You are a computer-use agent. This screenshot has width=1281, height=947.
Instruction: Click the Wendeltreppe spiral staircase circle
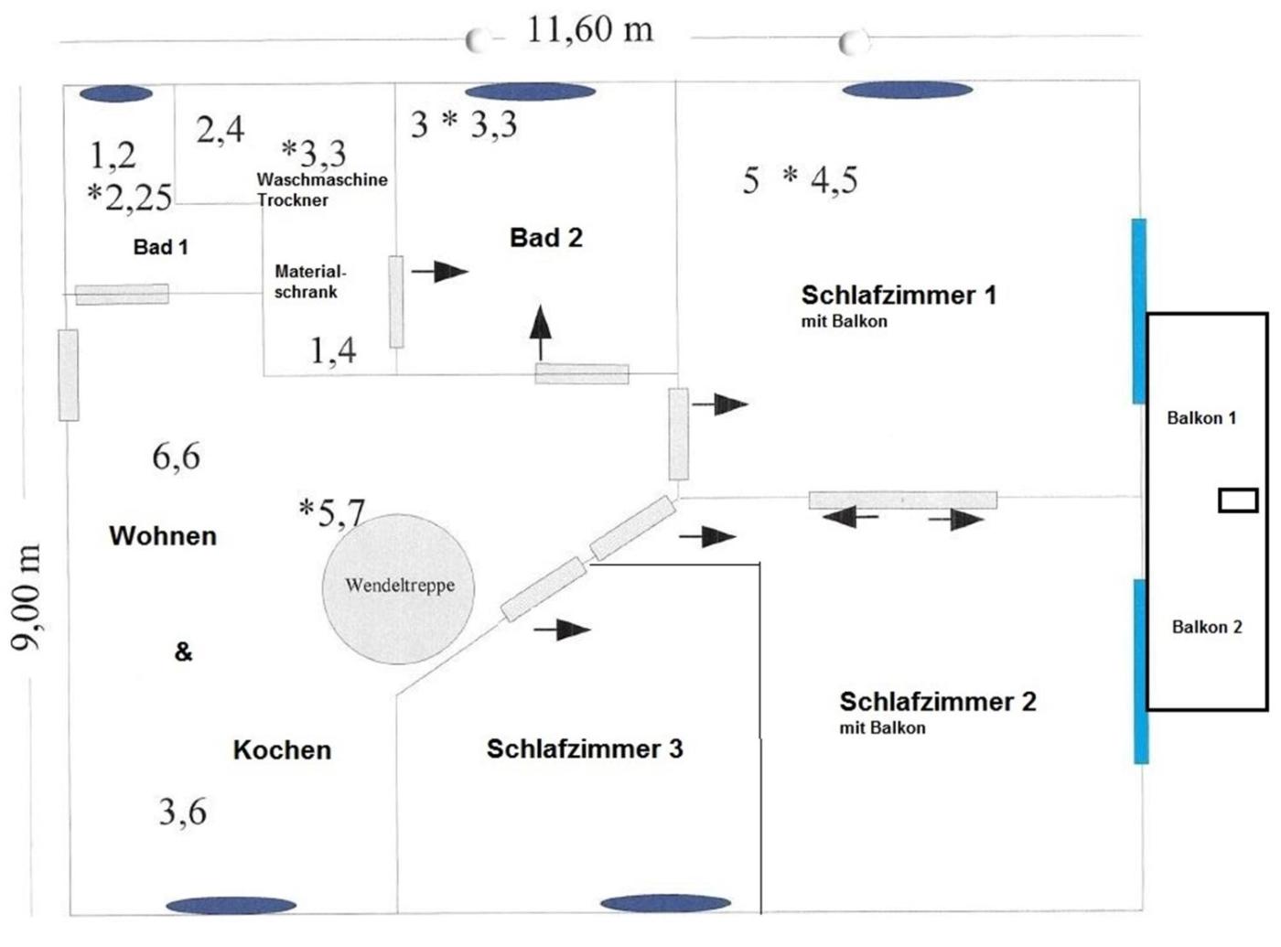click(398, 587)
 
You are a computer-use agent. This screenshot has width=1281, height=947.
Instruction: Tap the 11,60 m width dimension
click(590, 30)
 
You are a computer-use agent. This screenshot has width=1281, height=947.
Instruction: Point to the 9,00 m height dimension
click(27, 597)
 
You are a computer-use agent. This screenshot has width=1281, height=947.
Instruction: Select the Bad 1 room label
click(160, 247)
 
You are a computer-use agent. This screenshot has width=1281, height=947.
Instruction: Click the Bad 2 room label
click(545, 238)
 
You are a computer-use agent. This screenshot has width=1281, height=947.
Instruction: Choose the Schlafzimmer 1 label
click(898, 296)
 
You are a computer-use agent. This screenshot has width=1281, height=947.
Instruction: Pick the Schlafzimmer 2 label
click(937, 702)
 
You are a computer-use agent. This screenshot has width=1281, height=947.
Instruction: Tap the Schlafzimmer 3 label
click(585, 748)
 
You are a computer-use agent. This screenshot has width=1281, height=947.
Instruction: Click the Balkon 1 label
click(1200, 418)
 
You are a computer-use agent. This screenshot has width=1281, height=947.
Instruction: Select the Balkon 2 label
click(1206, 627)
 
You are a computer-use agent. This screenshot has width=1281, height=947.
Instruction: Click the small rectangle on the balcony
click(1237, 500)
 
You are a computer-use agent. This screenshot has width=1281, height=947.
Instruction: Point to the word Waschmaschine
click(321, 179)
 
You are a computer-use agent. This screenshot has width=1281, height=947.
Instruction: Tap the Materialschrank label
click(309, 282)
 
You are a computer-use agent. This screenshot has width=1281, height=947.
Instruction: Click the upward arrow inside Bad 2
click(541, 330)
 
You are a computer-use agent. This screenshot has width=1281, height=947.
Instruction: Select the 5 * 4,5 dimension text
click(800, 180)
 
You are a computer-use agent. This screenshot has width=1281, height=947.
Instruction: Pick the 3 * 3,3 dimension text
click(464, 124)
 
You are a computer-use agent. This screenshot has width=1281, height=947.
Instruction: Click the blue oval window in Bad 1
click(115, 93)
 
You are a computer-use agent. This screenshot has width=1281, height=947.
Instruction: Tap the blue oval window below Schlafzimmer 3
click(665, 904)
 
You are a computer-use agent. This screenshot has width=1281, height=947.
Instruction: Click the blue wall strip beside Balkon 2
click(1140, 671)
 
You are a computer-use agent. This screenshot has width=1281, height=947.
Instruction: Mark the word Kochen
click(282, 750)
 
